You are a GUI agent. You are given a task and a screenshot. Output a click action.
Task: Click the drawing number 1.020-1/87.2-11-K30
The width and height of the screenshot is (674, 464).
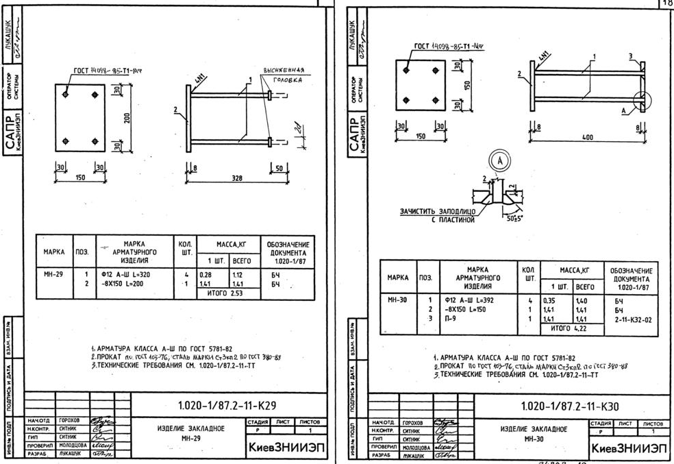pyautogui.click(x=570, y=406)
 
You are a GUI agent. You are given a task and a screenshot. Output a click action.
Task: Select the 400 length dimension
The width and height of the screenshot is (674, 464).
pyautogui.click(x=588, y=137)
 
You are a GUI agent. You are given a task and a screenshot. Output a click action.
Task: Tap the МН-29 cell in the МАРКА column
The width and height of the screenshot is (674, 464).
pyautogui.click(x=53, y=273)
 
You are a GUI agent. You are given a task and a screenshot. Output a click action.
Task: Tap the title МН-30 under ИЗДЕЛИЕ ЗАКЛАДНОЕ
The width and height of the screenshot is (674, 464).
pyautogui.click(x=533, y=438)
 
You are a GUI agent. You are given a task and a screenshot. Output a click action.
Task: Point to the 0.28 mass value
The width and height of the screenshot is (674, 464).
pyautogui.click(x=205, y=273)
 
